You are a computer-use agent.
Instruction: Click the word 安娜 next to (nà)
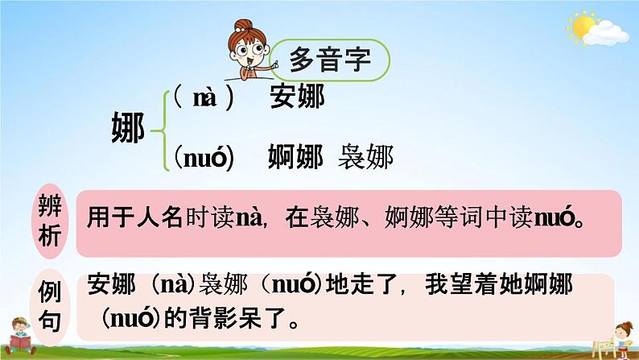click(299, 97)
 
